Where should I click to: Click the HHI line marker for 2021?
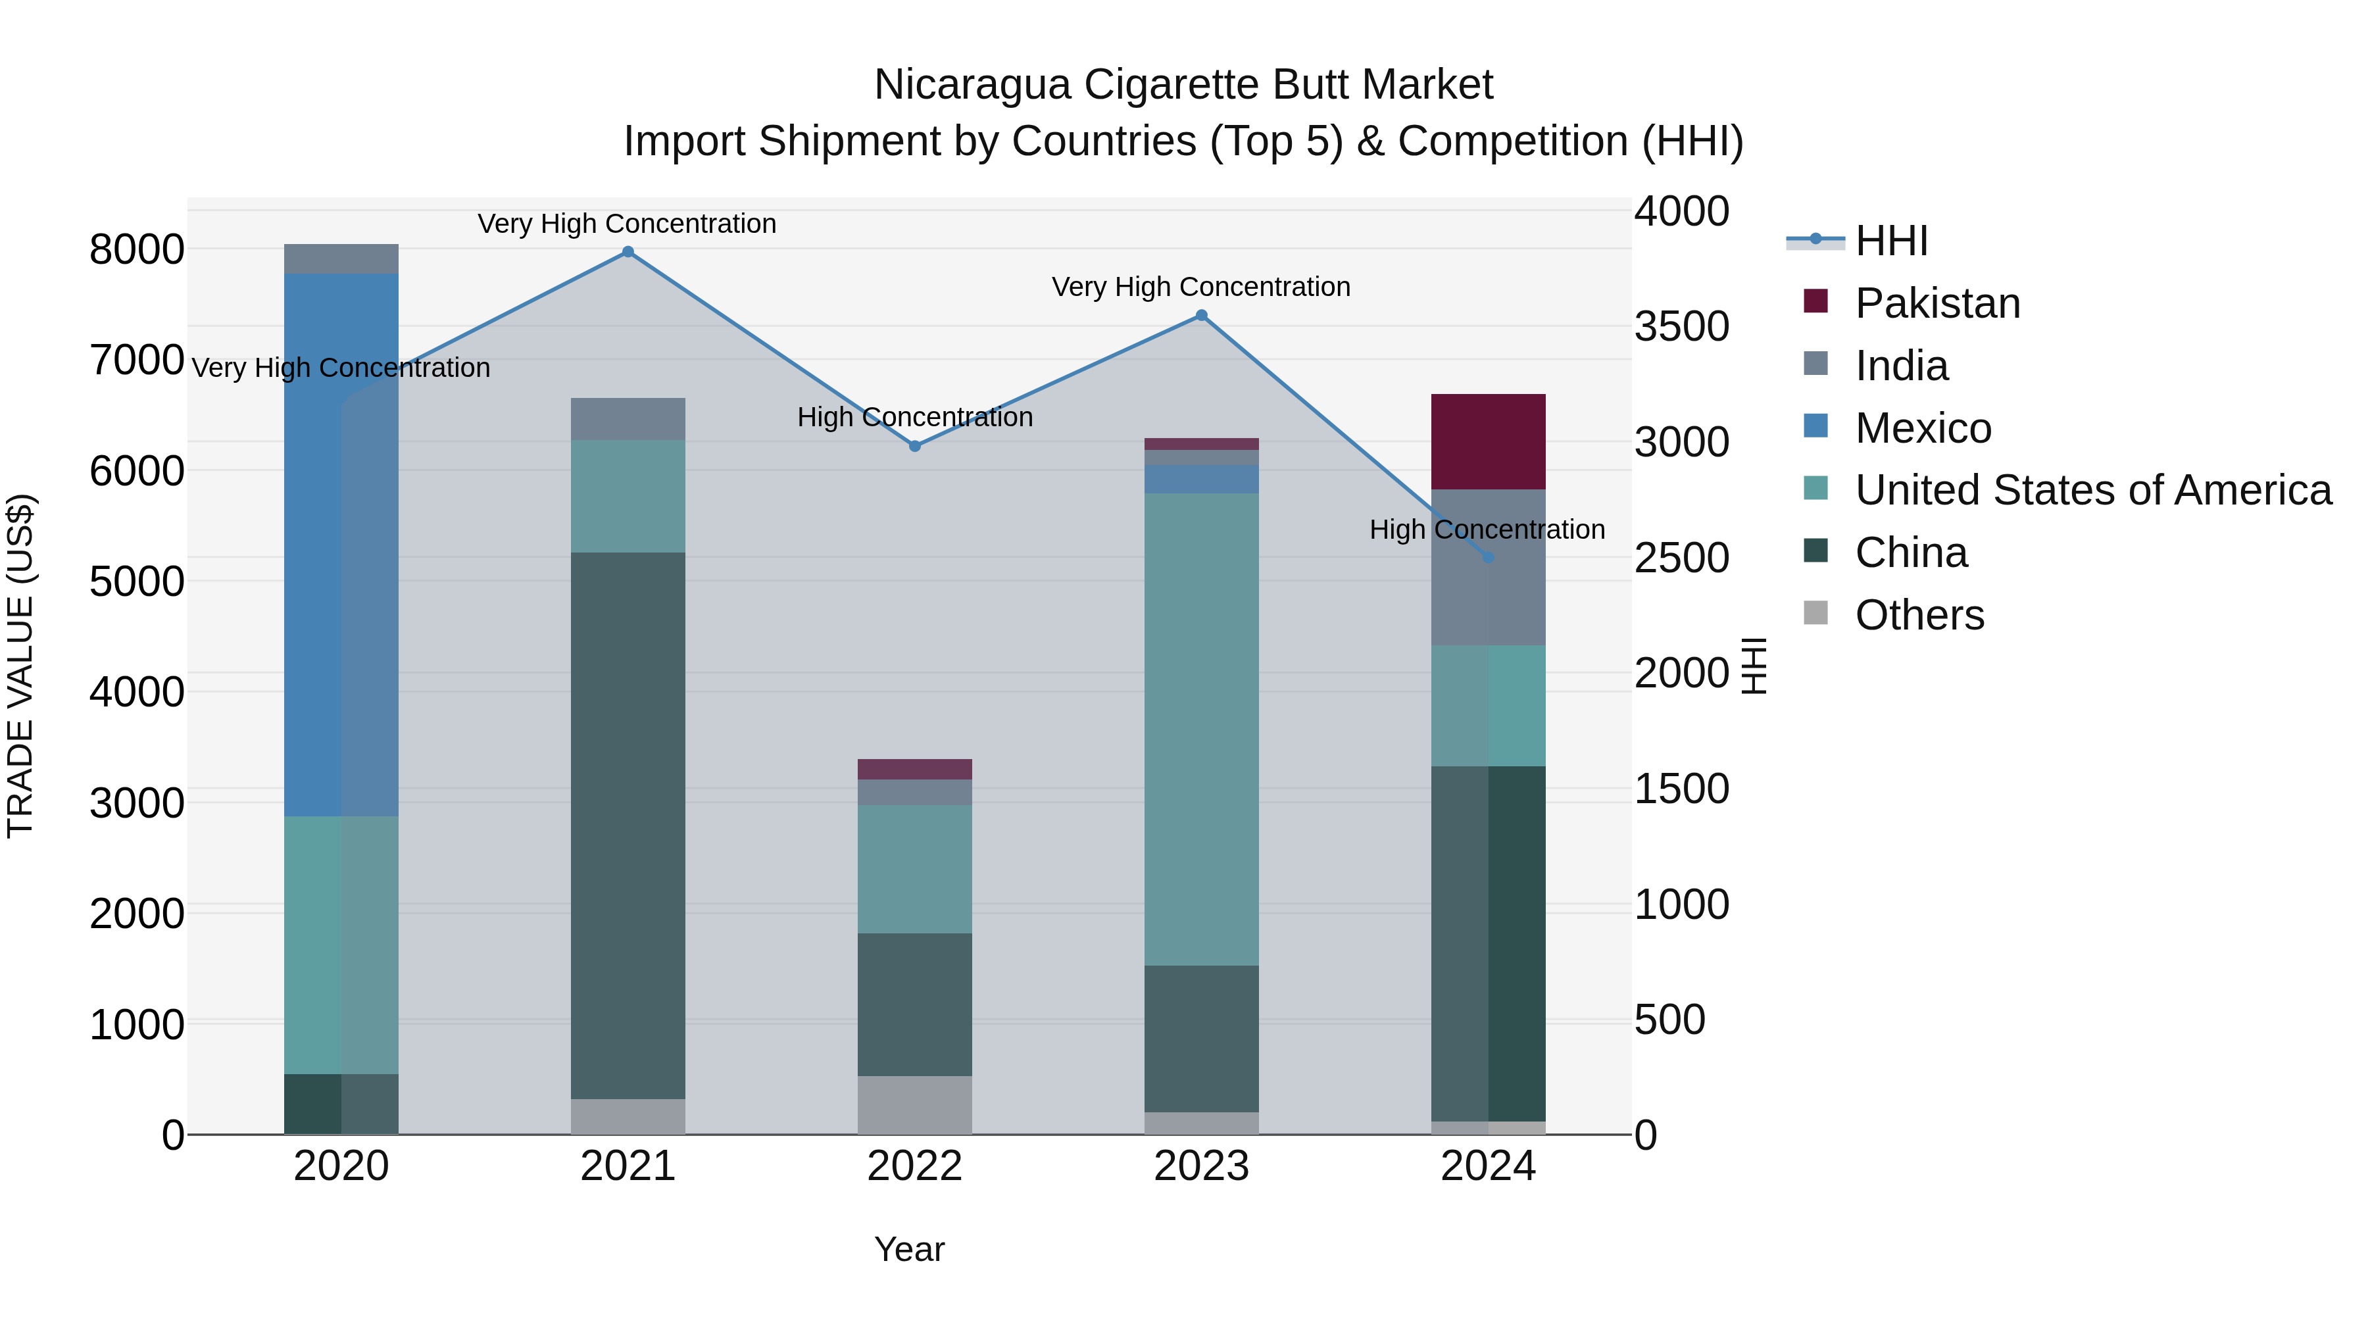(628, 252)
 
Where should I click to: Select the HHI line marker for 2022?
(915, 446)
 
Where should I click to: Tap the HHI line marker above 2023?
(1202, 315)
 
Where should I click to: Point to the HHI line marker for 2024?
(1489, 557)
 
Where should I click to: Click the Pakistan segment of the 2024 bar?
(1489, 441)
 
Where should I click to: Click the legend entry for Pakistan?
(1937, 303)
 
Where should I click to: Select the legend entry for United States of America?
(2092, 490)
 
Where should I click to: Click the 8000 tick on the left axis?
(136, 249)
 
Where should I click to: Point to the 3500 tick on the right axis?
(1681, 326)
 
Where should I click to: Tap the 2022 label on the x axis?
(915, 1166)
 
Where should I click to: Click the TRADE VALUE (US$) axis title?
(20, 666)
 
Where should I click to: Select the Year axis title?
(909, 1249)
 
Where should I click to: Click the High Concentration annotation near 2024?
(1487, 530)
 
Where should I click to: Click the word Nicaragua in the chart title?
(972, 85)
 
